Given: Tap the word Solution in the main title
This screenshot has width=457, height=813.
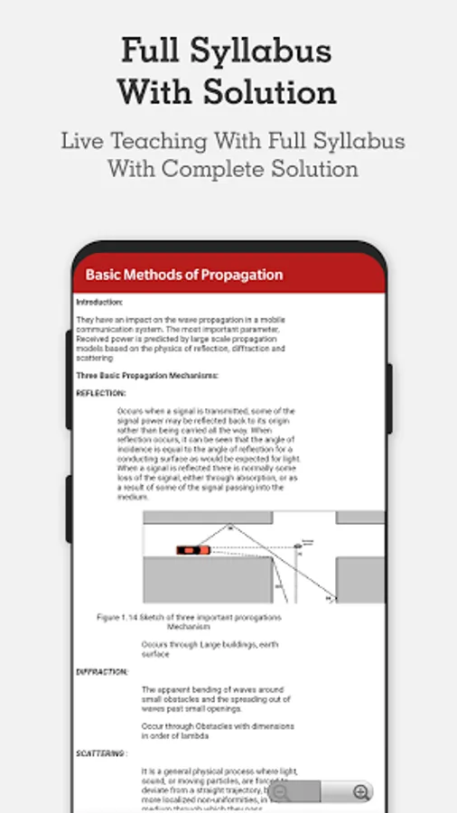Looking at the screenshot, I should (274, 92).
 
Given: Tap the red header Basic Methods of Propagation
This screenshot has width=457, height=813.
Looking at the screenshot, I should (183, 275).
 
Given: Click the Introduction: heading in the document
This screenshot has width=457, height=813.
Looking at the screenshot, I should (99, 302).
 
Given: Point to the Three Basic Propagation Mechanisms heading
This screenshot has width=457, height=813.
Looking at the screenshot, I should (146, 375).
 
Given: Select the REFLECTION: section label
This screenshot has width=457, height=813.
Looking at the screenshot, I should (101, 393).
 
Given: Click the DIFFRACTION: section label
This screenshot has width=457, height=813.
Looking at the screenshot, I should (102, 672).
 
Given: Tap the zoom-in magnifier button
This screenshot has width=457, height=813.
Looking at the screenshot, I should (361, 792).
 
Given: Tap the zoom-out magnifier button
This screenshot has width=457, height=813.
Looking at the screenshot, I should (282, 792).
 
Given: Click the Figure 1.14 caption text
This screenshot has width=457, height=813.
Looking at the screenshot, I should (189, 617).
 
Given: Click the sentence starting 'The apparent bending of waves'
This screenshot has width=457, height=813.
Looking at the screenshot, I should (207, 690).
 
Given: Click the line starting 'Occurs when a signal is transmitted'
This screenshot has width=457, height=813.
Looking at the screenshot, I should (206, 411).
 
